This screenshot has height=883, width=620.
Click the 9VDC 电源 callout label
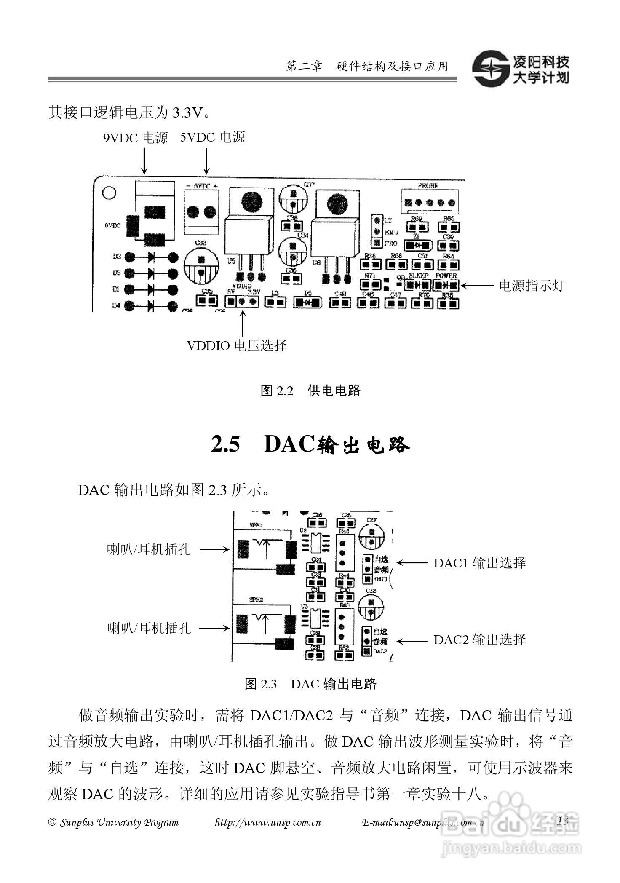click(135, 138)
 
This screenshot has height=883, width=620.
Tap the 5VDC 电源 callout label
click(213, 137)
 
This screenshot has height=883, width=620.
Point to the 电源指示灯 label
click(531, 286)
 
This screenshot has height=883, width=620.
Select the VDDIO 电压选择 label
click(237, 346)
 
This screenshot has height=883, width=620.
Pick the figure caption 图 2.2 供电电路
click(311, 391)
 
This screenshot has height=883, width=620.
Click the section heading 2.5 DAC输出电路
click(310, 445)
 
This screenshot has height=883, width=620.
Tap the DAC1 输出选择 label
click(480, 563)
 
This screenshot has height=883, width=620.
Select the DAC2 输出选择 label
click(480, 640)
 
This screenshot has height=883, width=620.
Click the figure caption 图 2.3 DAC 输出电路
click(310, 684)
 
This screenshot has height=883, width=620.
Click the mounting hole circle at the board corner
click(109, 193)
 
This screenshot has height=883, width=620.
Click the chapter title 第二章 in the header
click(304, 67)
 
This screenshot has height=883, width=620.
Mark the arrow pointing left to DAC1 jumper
click(412, 563)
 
